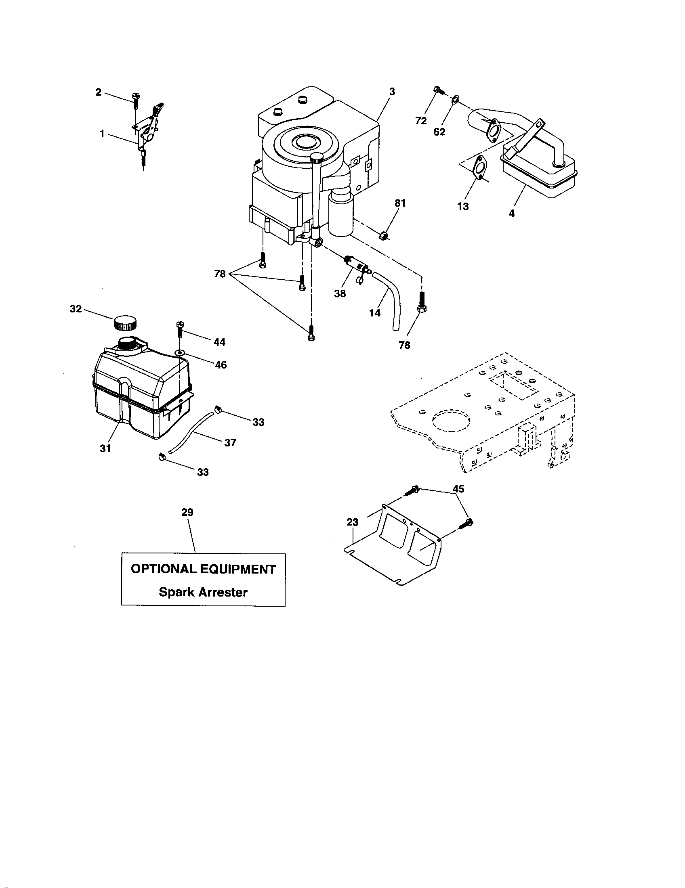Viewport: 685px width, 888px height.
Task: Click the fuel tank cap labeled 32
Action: [125, 323]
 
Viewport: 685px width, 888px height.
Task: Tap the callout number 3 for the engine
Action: [392, 92]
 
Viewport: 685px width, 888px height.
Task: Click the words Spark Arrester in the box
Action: [203, 592]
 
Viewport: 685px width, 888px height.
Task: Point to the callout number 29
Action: [187, 512]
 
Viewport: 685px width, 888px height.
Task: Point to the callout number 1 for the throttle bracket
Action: [102, 133]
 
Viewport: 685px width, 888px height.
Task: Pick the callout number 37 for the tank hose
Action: [230, 442]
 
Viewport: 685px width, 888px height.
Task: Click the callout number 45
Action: [458, 489]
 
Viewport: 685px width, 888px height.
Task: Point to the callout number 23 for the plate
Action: [353, 522]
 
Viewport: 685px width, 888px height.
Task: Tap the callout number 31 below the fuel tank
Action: [105, 448]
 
